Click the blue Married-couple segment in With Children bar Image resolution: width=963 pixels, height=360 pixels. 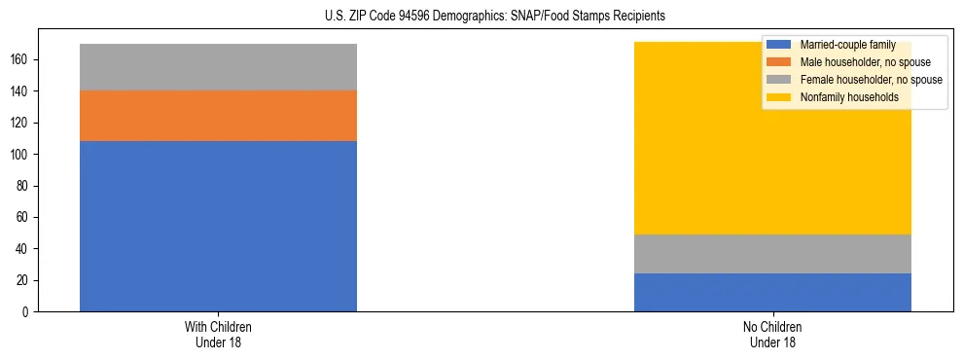(218, 226)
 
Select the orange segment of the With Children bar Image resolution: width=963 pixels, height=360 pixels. (218, 116)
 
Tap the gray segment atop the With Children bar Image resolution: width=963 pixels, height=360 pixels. (218, 67)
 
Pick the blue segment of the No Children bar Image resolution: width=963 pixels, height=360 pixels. (772, 292)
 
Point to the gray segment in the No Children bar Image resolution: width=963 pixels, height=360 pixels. (772, 254)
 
